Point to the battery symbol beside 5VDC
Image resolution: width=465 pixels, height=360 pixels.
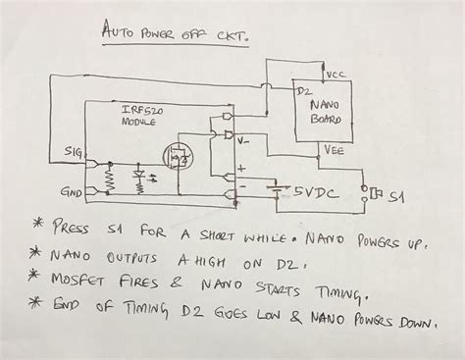click(277, 189)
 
